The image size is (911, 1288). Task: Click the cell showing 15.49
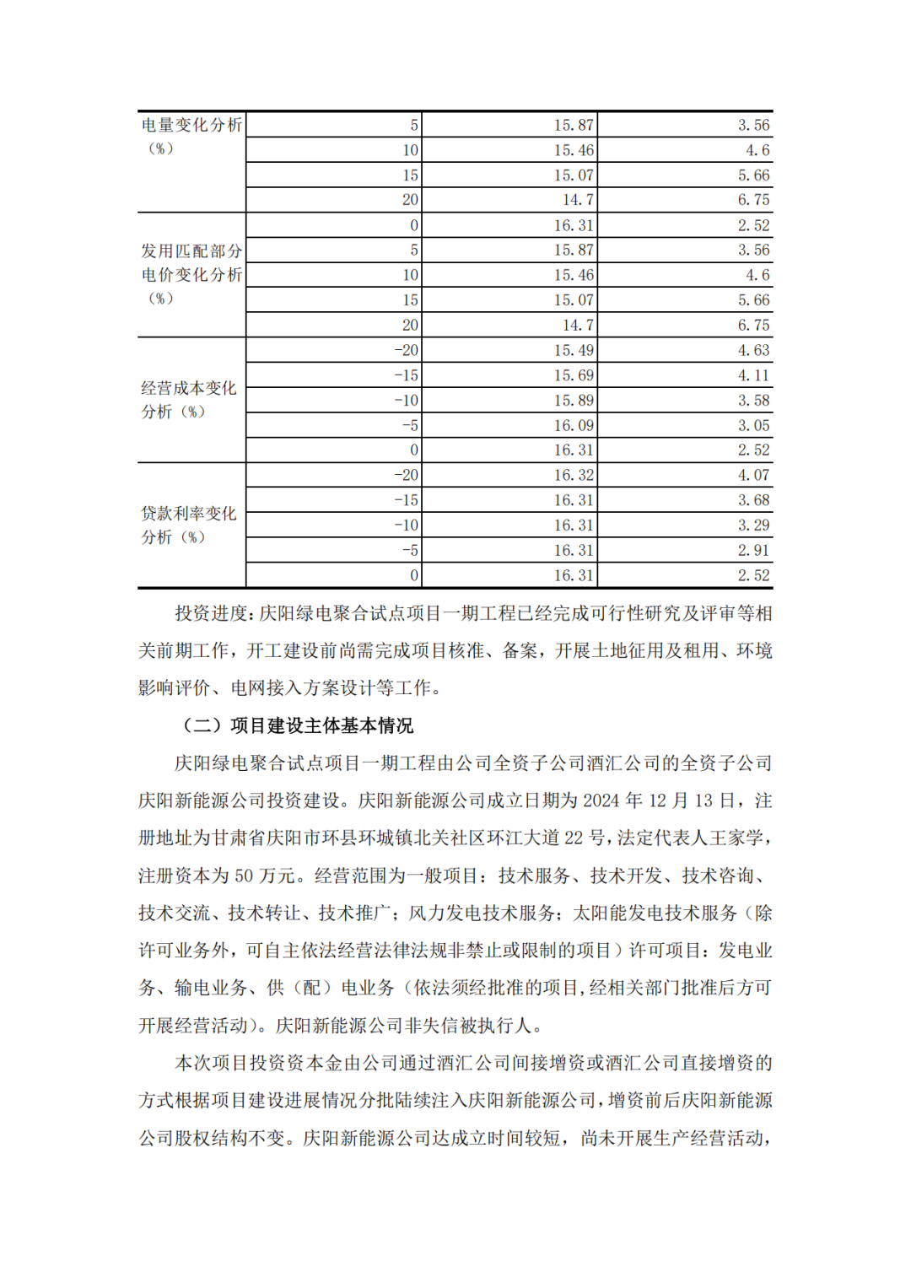pos(574,350)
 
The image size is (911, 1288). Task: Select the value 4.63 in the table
pos(753,350)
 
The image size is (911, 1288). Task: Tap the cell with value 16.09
pos(574,425)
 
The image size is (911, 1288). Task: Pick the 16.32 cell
pos(574,475)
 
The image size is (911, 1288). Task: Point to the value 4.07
pos(753,475)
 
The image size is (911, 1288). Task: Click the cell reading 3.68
pos(753,500)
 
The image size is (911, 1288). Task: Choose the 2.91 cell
pos(753,550)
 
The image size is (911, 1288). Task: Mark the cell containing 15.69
pos(574,375)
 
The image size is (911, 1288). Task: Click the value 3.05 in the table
pos(753,425)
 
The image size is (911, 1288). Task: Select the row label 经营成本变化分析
pos(188,400)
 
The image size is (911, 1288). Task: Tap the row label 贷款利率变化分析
pos(188,525)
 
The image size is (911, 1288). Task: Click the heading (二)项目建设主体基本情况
pos(298,725)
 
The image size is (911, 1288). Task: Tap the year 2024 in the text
pos(601,800)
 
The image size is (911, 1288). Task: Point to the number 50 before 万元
pos(244,876)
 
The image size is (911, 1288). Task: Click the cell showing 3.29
pos(753,525)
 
